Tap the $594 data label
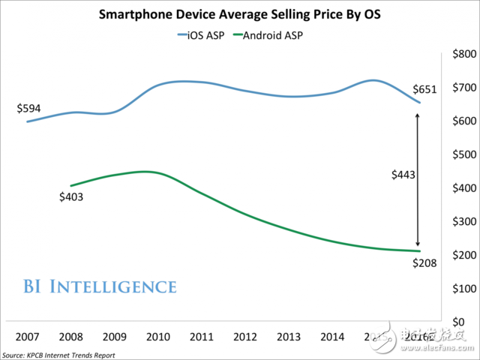tap(28, 108)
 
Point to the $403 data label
tap(71, 198)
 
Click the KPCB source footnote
tap(58, 354)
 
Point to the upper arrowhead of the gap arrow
tap(418, 115)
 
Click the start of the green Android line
tap(70, 185)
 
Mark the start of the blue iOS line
tap(28, 121)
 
